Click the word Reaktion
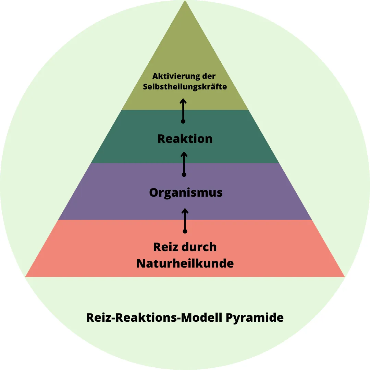point(185,139)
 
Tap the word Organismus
point(186,193)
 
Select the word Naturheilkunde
point(185,263)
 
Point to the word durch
point(200,247)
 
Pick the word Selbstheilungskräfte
point(185,87)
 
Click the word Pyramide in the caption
point(255,318)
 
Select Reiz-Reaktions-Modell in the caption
point(155,318)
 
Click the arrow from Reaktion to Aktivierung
point(183,110)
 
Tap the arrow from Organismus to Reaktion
point(184,163)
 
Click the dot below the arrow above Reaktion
point(183,121)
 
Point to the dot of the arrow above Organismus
point(184,174)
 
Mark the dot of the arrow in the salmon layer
point(185,231)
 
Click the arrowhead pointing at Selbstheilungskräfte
point(183,100)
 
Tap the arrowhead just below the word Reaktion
point(184,153)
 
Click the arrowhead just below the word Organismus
point(185,210)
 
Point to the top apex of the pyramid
point(185,1)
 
